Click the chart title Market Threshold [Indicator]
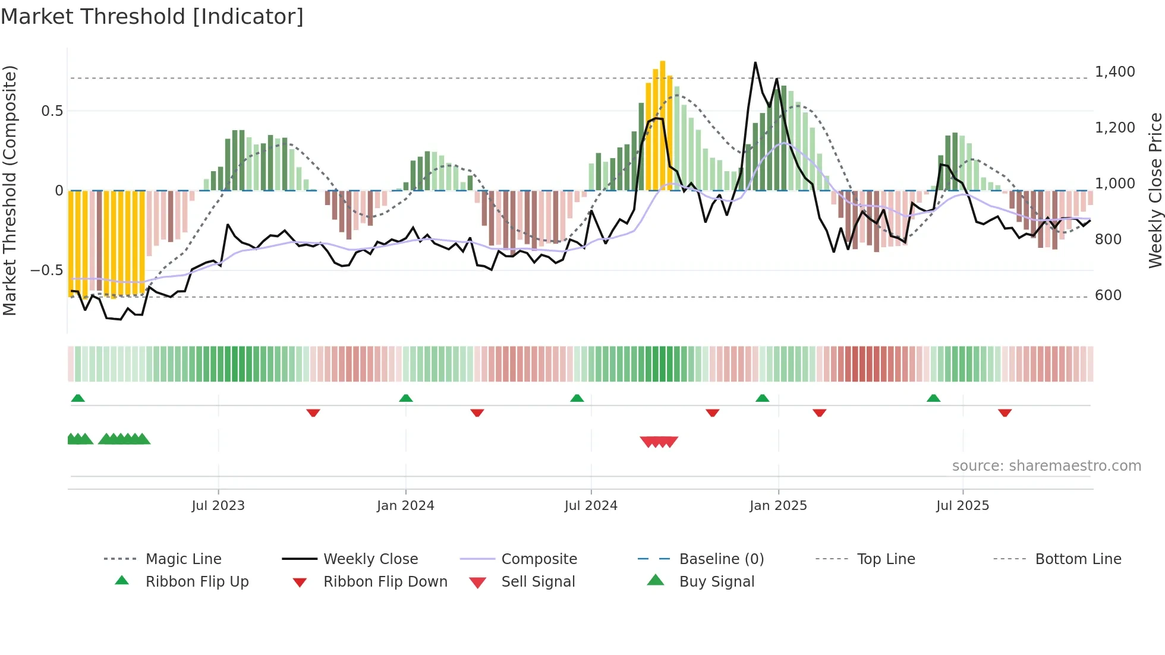152,17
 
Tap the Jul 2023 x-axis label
218,506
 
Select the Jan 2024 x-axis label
405,506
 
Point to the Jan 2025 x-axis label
778,506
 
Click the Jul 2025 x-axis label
962,506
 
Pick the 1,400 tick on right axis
1114,72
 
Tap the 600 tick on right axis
1108,295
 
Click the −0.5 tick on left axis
46,270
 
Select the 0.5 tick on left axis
52,111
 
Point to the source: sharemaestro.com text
1046,466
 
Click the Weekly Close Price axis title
1155,190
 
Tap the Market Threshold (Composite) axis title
10,190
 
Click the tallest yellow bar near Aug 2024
663,125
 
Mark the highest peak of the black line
755,62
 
